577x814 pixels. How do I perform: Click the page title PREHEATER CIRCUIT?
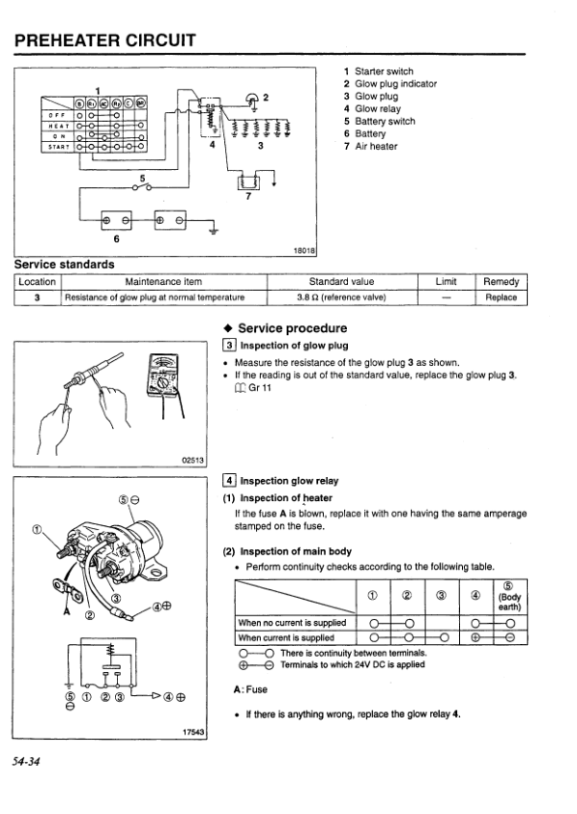coord(105,40)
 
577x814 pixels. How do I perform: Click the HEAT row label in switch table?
coord(56,126)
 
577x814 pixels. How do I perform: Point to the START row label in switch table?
coord(58,147)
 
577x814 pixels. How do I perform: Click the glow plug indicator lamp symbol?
coord(253,99)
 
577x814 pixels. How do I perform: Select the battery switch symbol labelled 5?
coord(142,187)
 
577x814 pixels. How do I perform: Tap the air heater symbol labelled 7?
coord(248,182)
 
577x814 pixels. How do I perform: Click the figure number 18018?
coord(304,251)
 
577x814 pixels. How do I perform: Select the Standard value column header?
coord(341,282)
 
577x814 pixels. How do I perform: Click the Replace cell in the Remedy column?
coord(501,297)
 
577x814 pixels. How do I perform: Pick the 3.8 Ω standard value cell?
coord(341,297)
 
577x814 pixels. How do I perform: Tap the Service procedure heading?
coord(292,328)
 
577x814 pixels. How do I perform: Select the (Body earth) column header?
coord(509,597)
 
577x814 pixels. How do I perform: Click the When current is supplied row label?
coord(286,637)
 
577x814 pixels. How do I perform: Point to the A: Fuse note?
coord(250,689)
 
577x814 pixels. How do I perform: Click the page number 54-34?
coord(26,762)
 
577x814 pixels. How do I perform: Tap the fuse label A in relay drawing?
coord(66,611)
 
